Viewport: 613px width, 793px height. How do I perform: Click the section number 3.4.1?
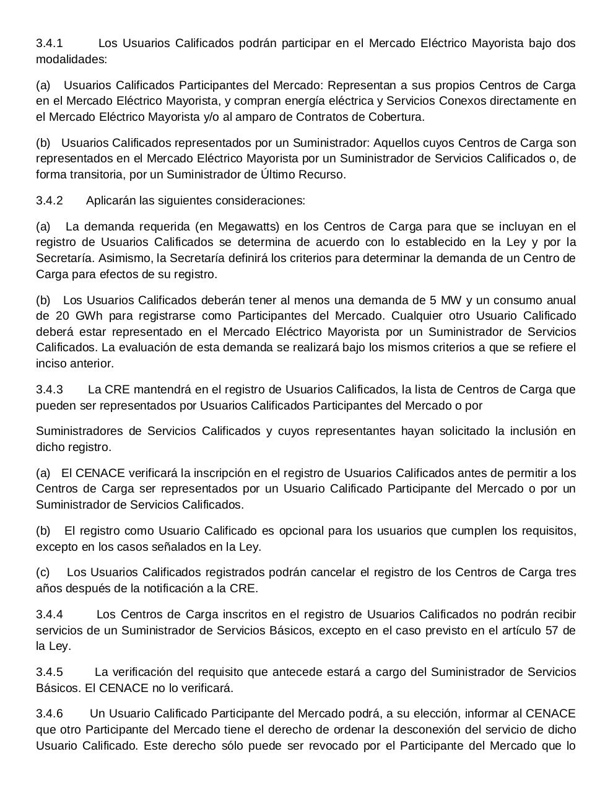coord(50,43)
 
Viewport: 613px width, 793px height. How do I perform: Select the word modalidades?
coord(70,59)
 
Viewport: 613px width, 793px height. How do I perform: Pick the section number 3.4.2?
coord(50,201)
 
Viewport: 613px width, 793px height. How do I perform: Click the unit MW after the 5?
coord(450,300)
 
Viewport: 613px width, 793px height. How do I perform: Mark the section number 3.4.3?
coord(50,390)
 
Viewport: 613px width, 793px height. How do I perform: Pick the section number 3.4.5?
coord(50,672)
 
